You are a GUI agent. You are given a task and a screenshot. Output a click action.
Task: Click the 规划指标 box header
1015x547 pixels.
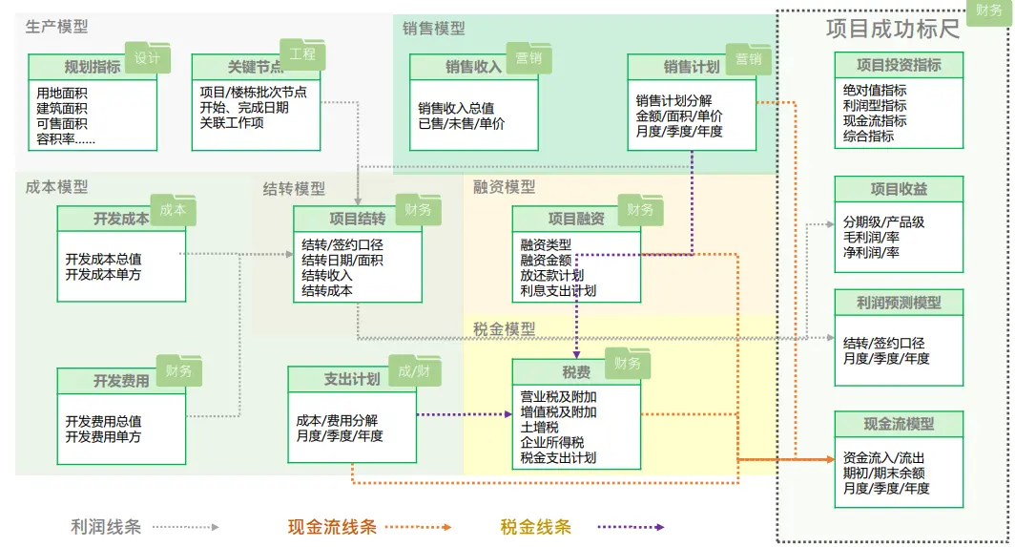(x=92, y=67)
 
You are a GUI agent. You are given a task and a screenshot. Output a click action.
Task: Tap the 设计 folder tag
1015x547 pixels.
(x=147, y=58)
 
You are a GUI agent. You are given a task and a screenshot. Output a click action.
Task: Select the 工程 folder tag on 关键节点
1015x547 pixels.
(x=302, y=55)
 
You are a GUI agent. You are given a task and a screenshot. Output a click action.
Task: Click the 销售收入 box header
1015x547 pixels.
(x=473, y=67)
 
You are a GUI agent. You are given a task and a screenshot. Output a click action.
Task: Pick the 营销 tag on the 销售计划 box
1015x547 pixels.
(x=748, y=59)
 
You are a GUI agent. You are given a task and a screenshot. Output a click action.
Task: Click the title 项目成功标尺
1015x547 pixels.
(x=892, y=29)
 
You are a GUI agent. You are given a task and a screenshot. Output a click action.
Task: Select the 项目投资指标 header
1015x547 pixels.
(x=898, y=65)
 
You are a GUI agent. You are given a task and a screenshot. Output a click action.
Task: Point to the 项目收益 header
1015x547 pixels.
(x=898, y=189)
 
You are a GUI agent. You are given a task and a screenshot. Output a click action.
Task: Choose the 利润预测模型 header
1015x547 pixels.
(x=898, y=303)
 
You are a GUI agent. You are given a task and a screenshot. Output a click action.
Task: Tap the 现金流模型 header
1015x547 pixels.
(x=898, y=424)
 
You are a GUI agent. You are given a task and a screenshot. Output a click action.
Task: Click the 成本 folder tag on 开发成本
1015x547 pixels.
(x=173, y=210)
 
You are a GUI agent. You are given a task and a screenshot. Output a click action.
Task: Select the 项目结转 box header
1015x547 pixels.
(x=358, y=219)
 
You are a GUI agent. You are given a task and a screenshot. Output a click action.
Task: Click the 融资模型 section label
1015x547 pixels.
(x=505, y=187)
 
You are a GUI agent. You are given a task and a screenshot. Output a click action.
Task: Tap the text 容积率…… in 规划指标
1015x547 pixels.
(x=66, y=138)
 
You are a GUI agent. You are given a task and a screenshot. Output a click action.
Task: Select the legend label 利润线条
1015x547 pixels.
(x=106, y=526)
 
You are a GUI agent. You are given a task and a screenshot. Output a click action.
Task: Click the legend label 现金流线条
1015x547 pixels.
(x=332, y=526)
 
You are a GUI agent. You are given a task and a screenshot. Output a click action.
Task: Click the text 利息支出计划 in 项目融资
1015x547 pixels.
(x=558, y=290)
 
